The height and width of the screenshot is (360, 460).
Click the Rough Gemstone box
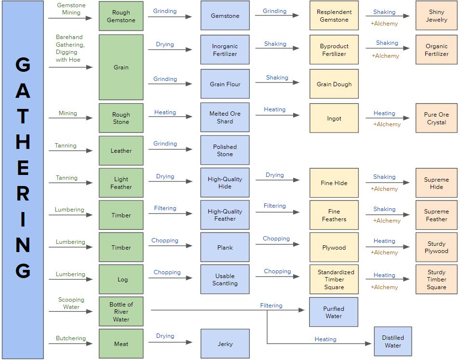(x=121, y=16)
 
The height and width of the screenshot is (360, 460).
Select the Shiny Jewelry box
(x=436, y=16)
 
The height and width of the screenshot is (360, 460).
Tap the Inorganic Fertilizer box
(x=225, y=50)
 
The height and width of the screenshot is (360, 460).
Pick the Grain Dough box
(x=334, y=84)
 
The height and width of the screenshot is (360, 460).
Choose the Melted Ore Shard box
(x=225, y=117)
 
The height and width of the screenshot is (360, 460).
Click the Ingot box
(x=334, y=118)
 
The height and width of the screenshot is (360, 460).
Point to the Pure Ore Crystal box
(x=436, y=118)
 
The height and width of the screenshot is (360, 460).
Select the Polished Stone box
(x=225, y=150)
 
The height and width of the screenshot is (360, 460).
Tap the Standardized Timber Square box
(x=334, y=280)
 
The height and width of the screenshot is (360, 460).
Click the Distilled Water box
(x=392, y=341)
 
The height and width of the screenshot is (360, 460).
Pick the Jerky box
(x=225, y=344)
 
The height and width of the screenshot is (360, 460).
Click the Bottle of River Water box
(x=121, y=312)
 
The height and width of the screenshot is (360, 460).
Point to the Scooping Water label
(x=71, y=303)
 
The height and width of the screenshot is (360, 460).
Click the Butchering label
(x=71, y=338)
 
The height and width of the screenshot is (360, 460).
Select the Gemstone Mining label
(x=71, y=9)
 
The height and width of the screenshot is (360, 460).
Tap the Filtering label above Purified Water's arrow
(x=271, y=306)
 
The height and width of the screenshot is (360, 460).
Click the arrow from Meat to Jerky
(x=170, y=343)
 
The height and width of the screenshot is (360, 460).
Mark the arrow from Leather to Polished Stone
(x=170, y=149)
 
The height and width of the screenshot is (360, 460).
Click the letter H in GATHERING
(x=23, y=142)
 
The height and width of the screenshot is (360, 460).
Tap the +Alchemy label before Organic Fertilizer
(x=385, y=56)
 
